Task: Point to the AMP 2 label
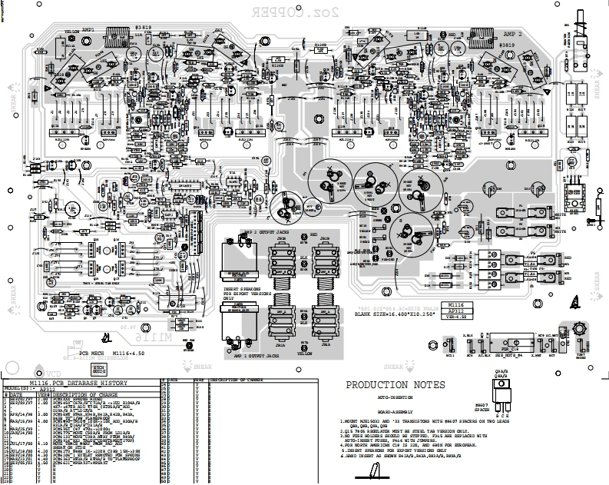(x=513, y=35)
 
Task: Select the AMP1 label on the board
(x=88, y=30)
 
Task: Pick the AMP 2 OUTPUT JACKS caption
(x=273, y=231)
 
